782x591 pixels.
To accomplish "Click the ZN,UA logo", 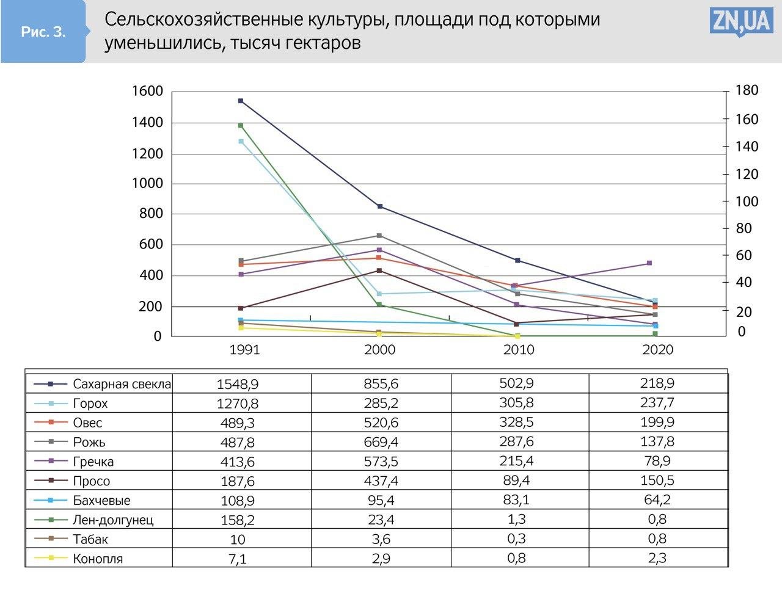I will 741,22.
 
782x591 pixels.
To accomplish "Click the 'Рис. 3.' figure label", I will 43,32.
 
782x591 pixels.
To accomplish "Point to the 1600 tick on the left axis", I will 147,92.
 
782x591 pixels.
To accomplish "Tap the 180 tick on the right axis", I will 747,90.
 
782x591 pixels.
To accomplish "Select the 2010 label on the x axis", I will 518,350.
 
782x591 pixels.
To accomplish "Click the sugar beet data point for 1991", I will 241,101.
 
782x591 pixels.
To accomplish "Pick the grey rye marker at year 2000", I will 379,236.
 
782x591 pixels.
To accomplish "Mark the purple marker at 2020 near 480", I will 649,263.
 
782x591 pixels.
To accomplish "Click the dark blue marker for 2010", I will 517,261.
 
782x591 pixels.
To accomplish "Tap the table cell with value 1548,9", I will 238,384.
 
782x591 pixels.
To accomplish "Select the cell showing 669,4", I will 381,442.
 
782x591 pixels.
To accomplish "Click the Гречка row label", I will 93,462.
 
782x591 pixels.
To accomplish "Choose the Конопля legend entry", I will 98,559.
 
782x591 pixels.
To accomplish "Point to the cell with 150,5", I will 658,480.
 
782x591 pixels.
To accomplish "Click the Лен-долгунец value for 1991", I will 238,520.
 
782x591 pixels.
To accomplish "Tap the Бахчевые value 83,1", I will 517,500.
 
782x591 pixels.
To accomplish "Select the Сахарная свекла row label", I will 122,384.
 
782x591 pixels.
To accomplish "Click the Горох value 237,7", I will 658,403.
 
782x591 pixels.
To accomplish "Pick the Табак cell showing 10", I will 238,539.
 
